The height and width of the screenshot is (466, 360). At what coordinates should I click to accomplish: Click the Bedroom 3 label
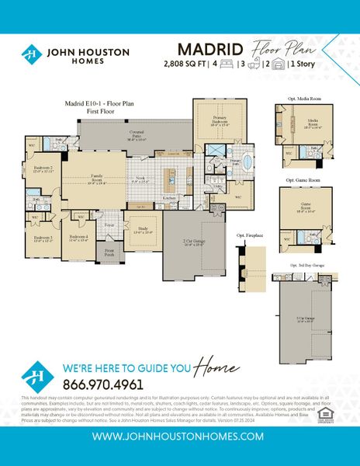point(43,238)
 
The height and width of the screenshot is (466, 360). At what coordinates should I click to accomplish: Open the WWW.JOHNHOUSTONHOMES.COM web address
point(180,437)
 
